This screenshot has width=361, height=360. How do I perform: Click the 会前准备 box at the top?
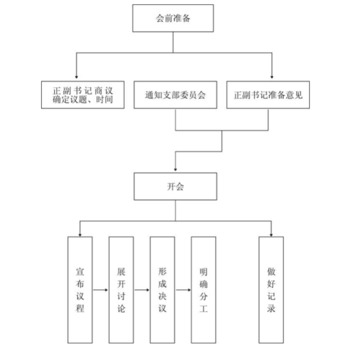175,18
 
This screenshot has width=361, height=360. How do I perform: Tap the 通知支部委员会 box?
175,95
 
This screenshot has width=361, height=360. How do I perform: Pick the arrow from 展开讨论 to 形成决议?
142,289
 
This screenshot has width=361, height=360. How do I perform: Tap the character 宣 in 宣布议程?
79,271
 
